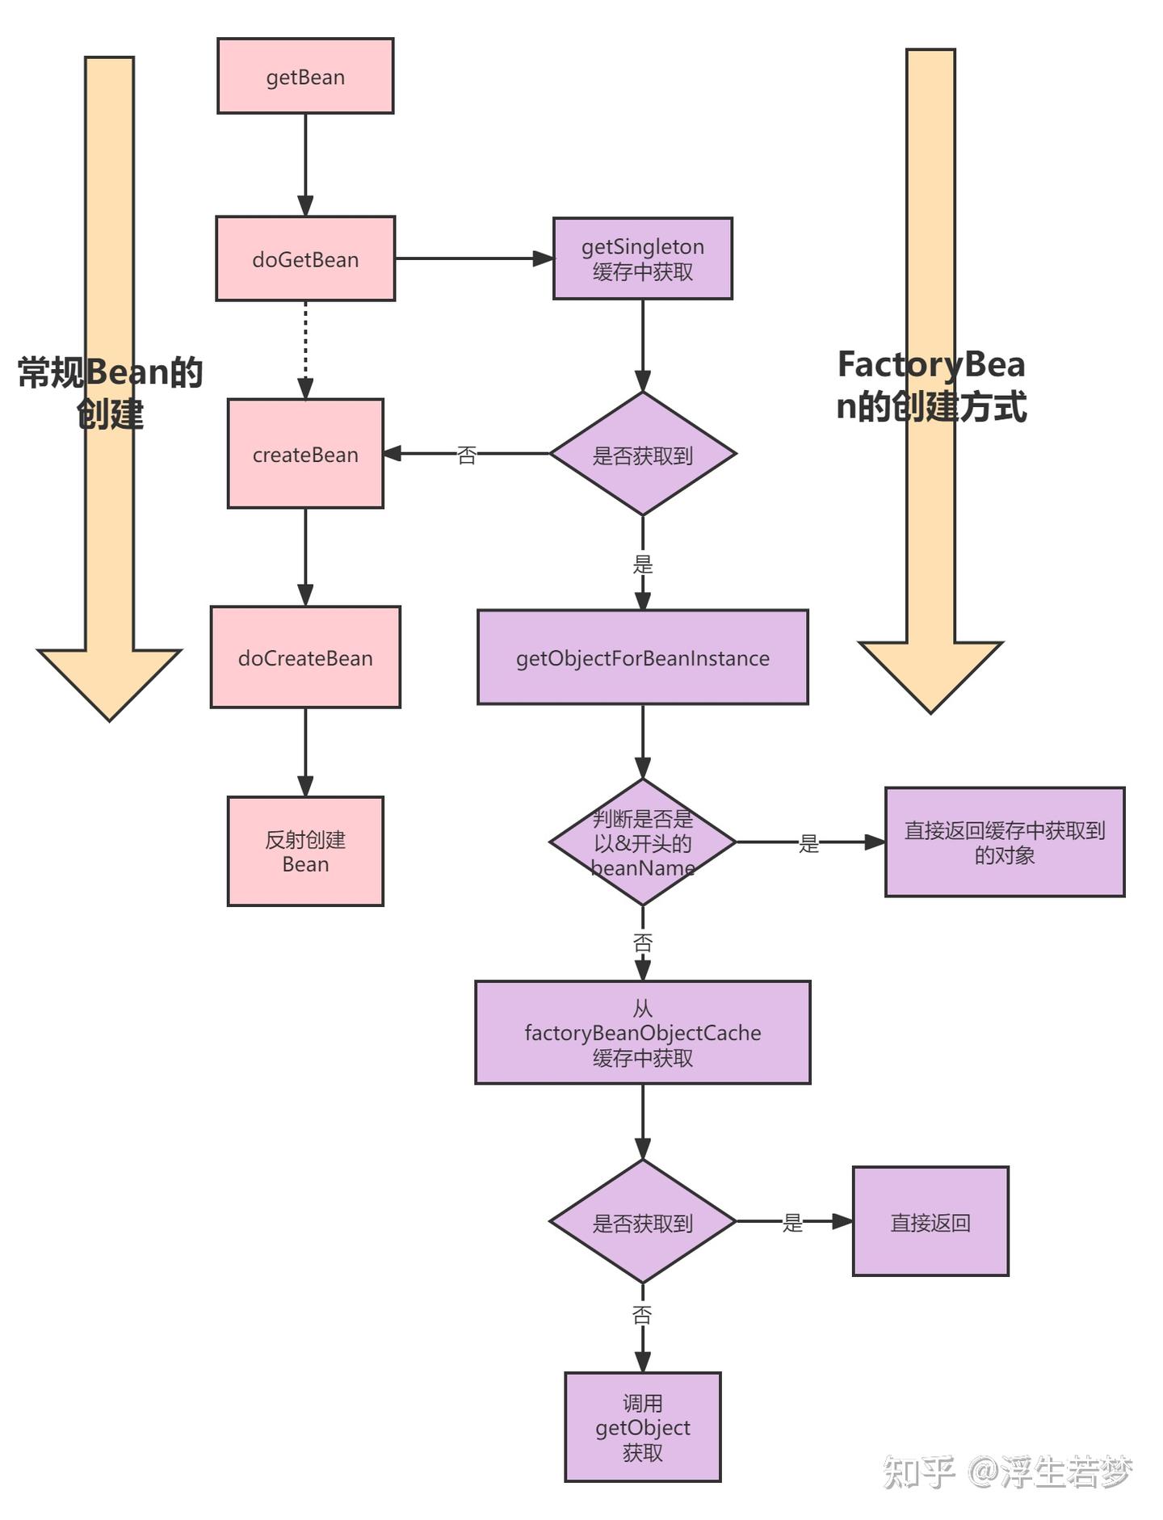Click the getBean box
(x=305, y=76)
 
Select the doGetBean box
(x=305, y=258)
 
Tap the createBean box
(x=305, y=453)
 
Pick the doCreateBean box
(x=305, y=657)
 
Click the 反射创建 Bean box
(x=305, y=851)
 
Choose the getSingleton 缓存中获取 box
(x=643, y=258)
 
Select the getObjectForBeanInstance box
(x=643, y=657)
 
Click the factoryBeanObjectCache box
(x=643, y=1032)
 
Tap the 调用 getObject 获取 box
(x=643, y=1427)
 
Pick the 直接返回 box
(x=930, y=1222)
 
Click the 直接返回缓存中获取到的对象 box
(x=1005, y=842)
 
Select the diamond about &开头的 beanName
(x=643, y=842)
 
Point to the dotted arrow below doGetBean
(x=305, y=350)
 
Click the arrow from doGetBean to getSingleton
(x=474, y=258)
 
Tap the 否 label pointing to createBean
(x=467, y=455)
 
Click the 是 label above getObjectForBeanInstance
(x=643, y=564)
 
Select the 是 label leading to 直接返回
(x=792, y=1223)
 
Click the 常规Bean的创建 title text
(x=110, y=393)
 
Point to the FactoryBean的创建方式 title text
(x=931, y=385)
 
